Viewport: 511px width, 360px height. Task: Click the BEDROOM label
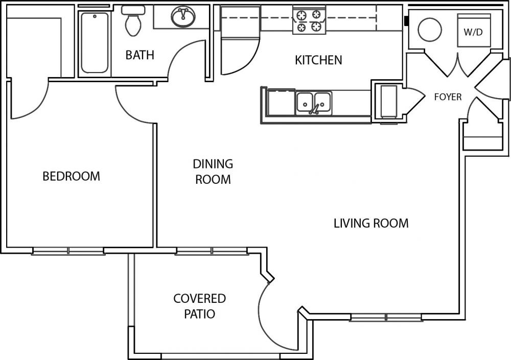(x=71, y=176)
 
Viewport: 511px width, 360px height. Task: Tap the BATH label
(x=140, y=55)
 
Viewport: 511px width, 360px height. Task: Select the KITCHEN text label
(x=318, y=60)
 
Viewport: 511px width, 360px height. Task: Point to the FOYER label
(x=448, y=97)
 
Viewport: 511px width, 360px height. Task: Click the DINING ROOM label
(x=213, y=172)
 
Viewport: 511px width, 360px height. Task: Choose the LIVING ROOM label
(x=370, y=223)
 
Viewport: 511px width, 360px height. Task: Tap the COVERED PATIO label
(x=199, y=305)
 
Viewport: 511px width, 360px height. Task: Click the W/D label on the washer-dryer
(x=473, y=32)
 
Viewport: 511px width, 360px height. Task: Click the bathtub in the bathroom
(x=95, y=43)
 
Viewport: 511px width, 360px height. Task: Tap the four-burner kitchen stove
(x=309, y=20)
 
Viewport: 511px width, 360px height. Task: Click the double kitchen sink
(x=314, y=103)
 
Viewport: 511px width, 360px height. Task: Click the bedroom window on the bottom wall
(x=68, y=251)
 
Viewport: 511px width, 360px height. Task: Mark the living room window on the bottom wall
(x=386, y=318)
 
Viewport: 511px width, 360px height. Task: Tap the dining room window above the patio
(x=212, y=251)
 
